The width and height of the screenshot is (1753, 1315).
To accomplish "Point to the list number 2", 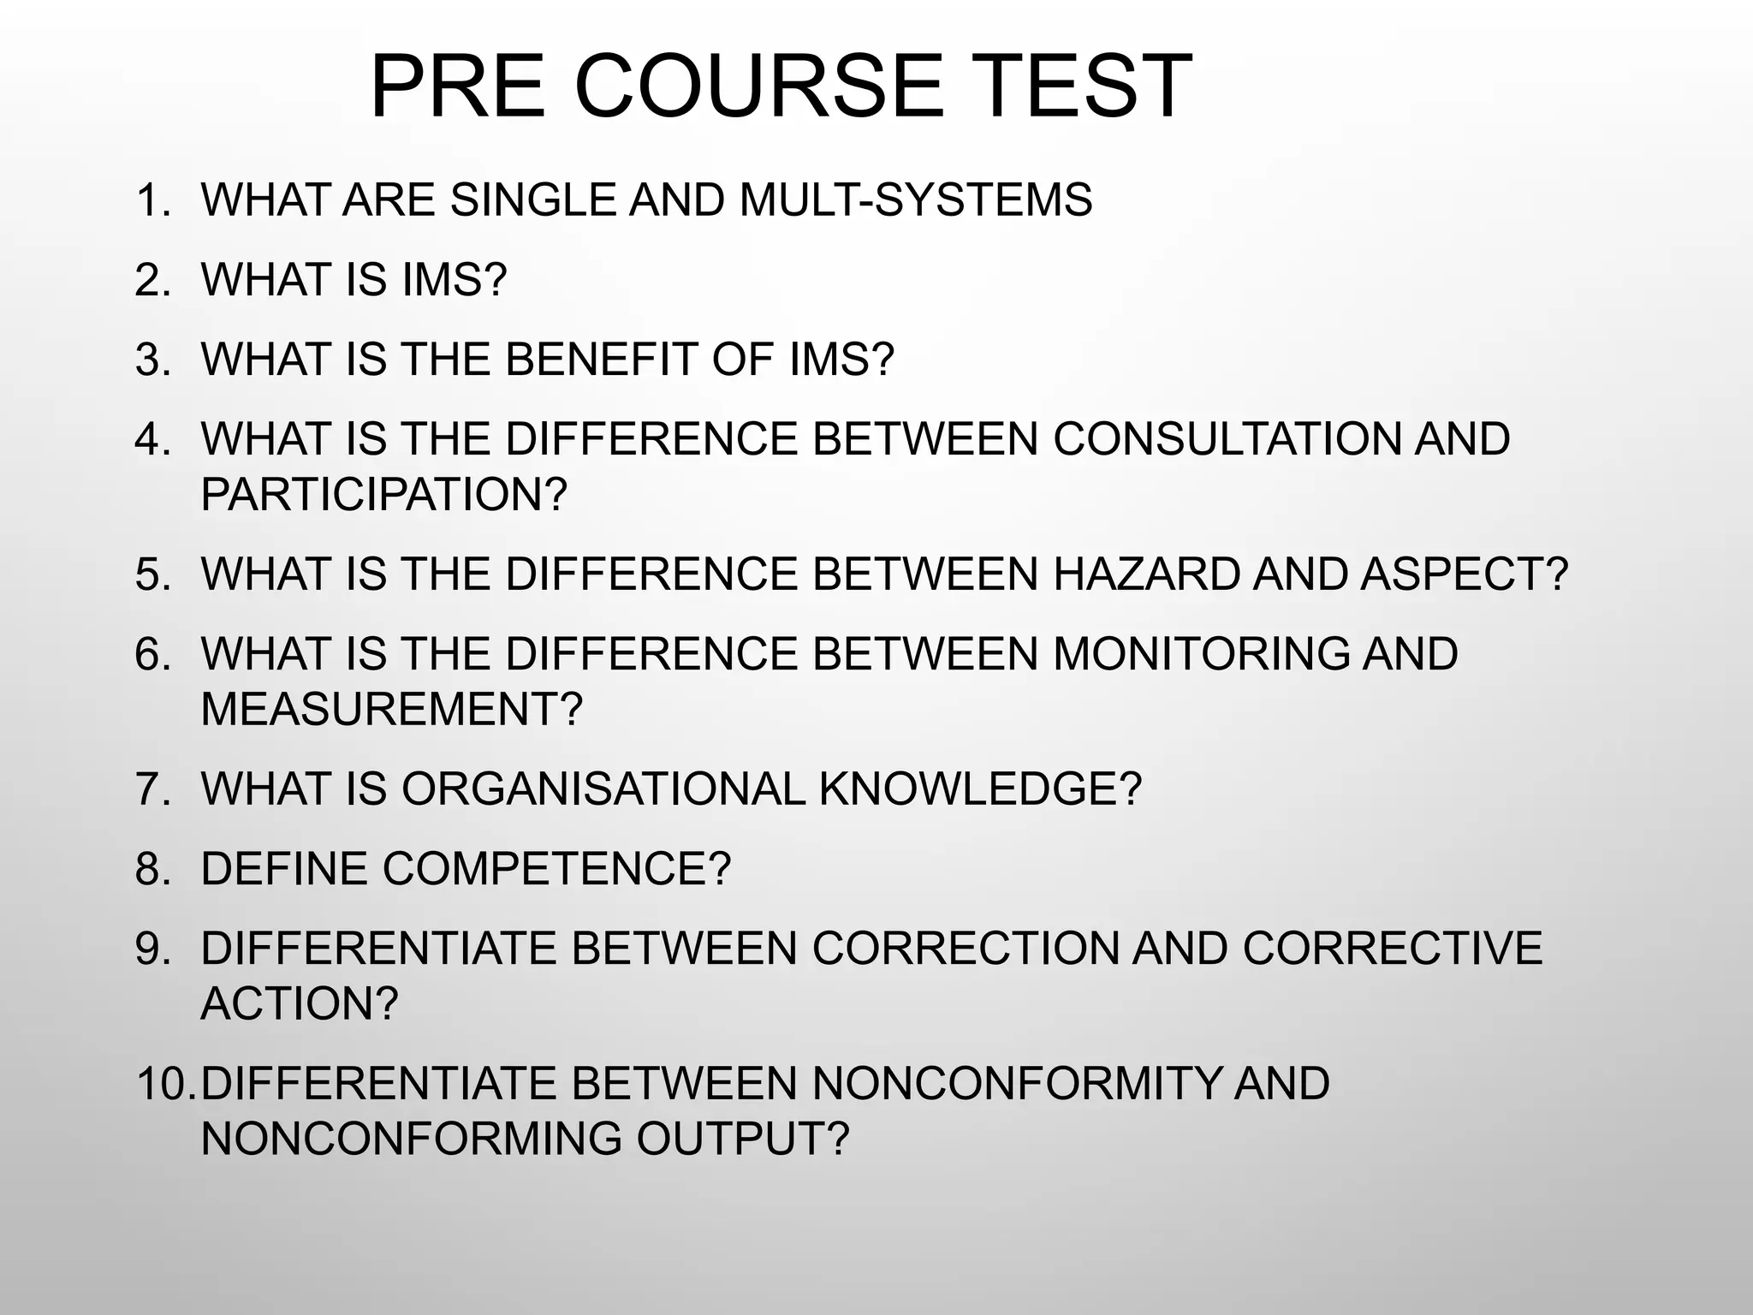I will click(x=153, y=280).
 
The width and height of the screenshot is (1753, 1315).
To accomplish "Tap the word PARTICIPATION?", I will click(x=384, y=494).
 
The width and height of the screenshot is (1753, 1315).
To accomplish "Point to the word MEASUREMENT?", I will click(x=391, y=709).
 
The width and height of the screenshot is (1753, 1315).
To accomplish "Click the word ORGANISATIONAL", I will click(x=603, y=788).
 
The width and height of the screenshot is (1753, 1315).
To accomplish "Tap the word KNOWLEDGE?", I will click(x=981, y=788).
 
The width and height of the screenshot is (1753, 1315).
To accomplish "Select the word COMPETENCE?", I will click(x=557, y=869).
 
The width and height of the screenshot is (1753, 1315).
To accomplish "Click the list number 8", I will click(x=153, y=869).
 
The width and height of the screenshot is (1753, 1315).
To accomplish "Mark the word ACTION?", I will click(x=300, y=1003).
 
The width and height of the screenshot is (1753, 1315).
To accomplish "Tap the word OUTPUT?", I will click(x=743, y=1139).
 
